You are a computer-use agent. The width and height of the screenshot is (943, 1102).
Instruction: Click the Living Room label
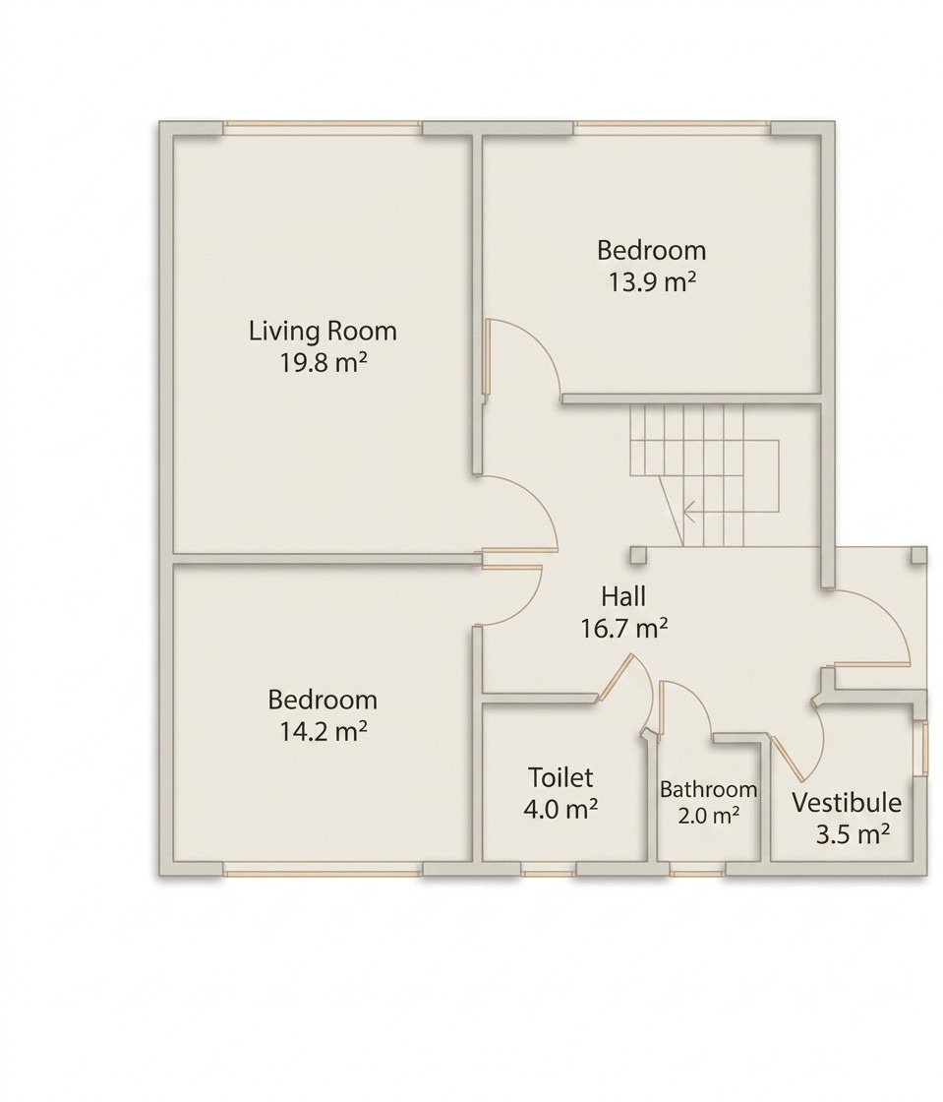click(x=323, y=331)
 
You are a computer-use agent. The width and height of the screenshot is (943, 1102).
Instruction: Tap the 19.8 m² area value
click(x=324, y=363)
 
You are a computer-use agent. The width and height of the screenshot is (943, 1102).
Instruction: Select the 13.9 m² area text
click(x=652, y=281)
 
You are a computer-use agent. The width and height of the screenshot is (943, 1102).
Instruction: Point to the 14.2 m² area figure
click(x=323, y=732)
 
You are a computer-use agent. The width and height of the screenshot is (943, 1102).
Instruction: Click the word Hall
click(x=623, y=596)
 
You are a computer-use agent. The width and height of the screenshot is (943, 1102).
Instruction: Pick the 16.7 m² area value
click(x=623, y=629)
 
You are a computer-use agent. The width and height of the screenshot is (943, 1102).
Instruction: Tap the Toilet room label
click(x=560, y=777)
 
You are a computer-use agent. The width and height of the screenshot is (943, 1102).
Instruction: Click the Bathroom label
click(x=708, y=789)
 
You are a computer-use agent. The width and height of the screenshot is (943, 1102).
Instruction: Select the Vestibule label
click(x=847, y=803)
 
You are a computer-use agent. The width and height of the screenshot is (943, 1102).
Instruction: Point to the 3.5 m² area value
click(x=853, y=834)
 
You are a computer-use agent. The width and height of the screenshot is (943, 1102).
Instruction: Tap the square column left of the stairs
click(x=638, y=555)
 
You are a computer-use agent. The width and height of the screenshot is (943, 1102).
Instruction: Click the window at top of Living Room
click(x=323, y=127)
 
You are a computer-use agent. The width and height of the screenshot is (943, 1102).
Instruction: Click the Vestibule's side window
click(x=924, y=749)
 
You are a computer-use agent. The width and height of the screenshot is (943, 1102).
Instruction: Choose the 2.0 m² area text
click(x=708, y=816)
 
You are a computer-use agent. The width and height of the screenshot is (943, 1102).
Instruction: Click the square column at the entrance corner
click(x=918, y=555)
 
